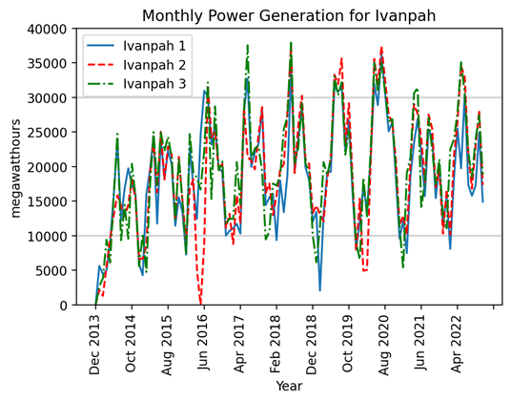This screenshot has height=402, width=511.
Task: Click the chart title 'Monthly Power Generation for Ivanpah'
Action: click(289, 15)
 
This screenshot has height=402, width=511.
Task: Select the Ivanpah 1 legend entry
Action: click(136, 46)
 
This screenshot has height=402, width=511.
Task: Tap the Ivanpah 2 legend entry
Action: click(136, 65)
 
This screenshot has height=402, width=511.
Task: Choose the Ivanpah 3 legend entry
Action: click(136, 83)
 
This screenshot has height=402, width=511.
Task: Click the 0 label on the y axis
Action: click(63, 306)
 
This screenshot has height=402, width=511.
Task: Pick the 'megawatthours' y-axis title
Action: click(15, 169)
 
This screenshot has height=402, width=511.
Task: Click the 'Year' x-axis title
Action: click(289, 386)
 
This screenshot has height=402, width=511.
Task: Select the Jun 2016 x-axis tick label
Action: click(204, 343)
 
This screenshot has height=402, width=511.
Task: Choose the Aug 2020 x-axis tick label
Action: click(384, 345)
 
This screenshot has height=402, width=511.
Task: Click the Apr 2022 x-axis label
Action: click(457, 344)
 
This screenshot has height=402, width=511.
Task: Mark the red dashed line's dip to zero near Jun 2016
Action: click(200, 303)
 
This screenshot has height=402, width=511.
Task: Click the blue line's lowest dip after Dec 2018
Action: click(319, 290)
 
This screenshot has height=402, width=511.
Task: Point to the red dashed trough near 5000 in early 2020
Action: click(365, 270)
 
